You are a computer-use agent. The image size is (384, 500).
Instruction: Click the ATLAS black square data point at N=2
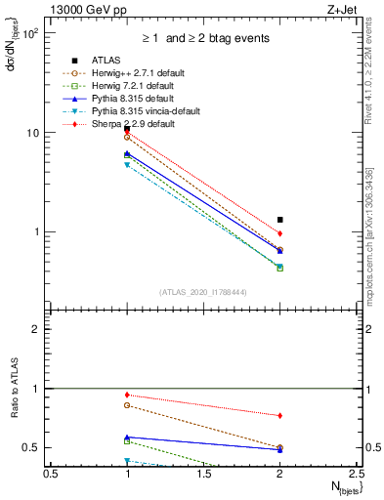pos(280,220)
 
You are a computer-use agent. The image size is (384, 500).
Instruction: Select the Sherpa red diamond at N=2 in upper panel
pos(280,233)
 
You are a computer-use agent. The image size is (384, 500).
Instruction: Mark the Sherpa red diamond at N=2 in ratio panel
pos(280,415)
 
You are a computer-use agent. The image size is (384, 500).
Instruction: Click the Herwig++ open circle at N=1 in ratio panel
pos(127,404)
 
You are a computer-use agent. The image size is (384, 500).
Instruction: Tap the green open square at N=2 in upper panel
pos(280,268)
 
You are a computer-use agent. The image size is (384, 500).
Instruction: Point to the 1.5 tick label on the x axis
pos(203,473)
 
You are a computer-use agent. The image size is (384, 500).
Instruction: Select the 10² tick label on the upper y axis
pos(30,33)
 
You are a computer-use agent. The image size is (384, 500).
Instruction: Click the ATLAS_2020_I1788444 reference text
pos(203,292)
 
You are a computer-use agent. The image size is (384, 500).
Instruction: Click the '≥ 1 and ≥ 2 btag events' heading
pos(203,38)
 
